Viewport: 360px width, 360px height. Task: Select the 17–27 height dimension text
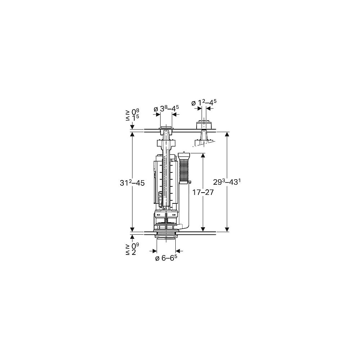coord(202,192)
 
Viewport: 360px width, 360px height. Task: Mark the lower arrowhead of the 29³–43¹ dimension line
coord(227,229)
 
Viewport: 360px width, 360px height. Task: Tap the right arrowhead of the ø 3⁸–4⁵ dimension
coord(174,114)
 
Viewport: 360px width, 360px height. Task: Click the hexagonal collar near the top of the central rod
coord(166,144)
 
